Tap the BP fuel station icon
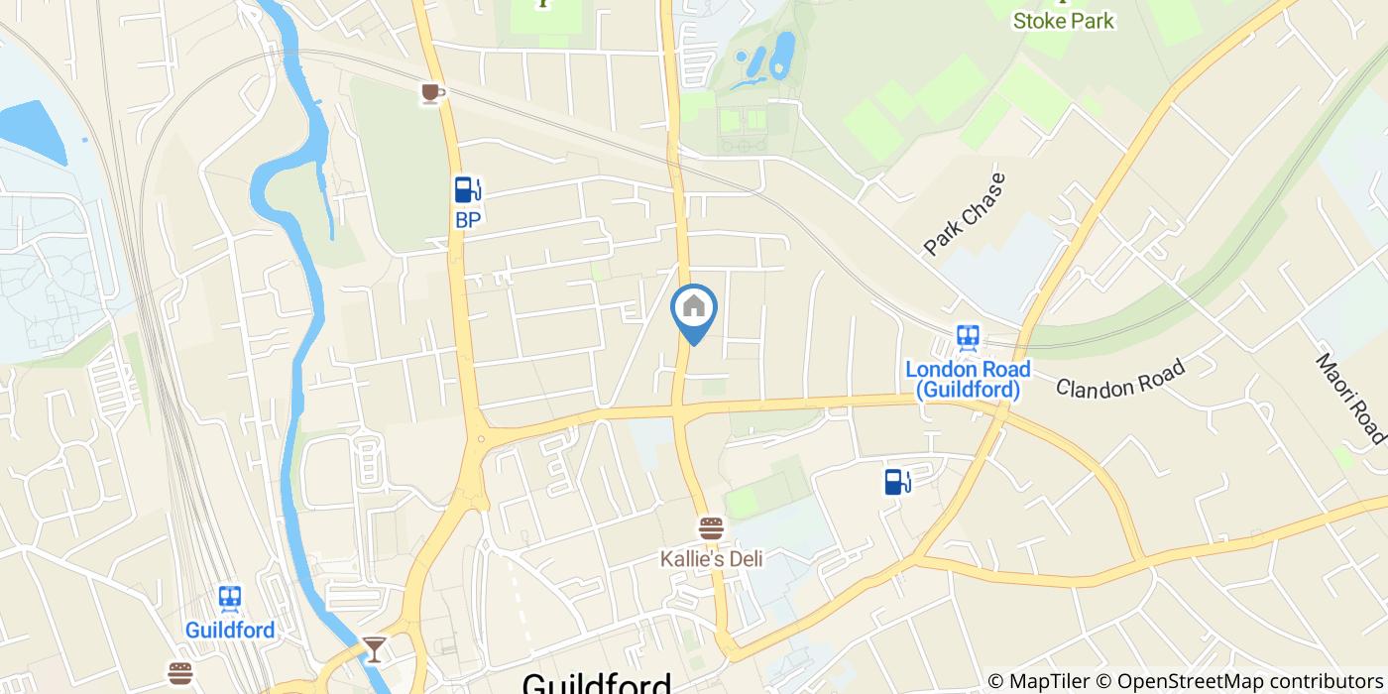pos(468,189)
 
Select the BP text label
pos(468,220)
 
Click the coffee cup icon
pos(431,93)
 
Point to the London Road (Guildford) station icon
pos(968,338)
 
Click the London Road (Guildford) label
pos(968,380)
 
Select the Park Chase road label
pos(964,214)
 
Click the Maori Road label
pos(1350,398)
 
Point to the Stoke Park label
pos(1063,21)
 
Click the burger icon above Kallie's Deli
pos(711,527)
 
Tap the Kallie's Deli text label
pos(712,559)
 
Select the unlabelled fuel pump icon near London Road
pos(897,482)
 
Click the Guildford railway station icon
pos(230,598)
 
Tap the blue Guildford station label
pos(230,630)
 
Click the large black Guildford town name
pos(597,684)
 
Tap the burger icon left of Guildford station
pos(179,674)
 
